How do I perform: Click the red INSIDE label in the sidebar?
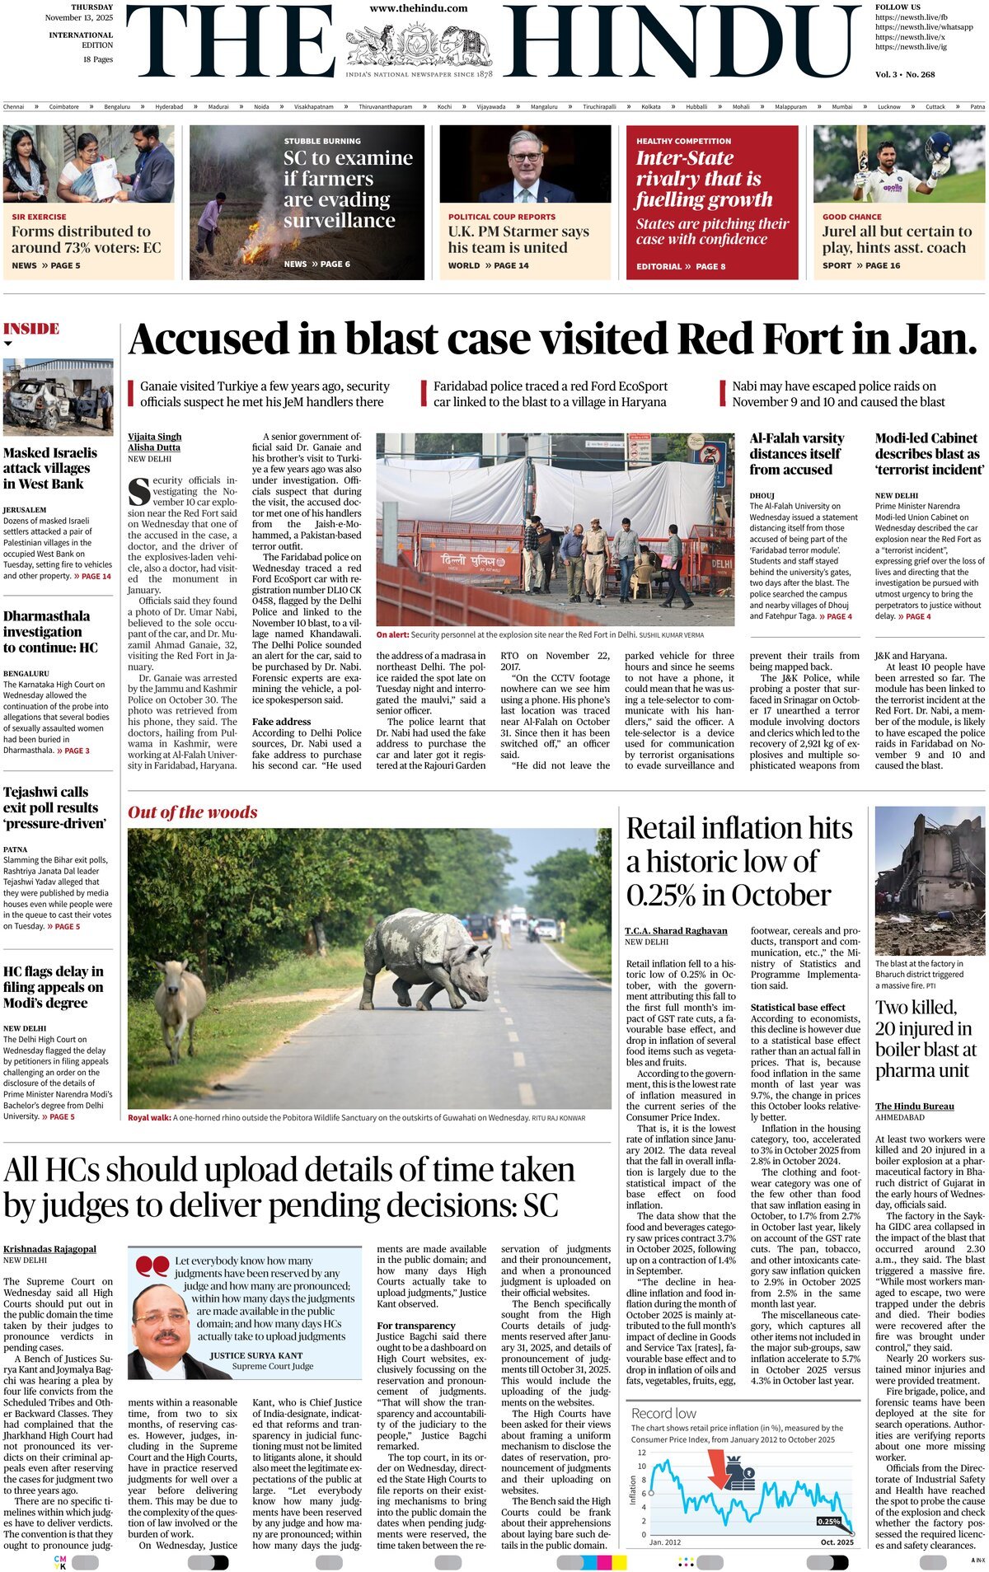pos(31,329)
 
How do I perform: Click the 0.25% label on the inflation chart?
pos(827,1521)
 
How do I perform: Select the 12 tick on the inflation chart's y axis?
pos(642,1453)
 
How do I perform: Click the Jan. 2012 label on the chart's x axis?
pos(665,1542)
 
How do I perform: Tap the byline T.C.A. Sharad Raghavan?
pos(676,930)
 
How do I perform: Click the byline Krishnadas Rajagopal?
pos(49,1249)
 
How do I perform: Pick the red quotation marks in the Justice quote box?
pos(152,1266)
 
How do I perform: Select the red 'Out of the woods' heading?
pos(192,812)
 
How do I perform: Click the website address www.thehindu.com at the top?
pos(419,8)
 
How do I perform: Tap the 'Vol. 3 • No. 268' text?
pos(905,74)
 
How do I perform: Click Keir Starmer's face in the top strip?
pos(525,157)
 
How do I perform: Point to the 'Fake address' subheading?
pos(282,721)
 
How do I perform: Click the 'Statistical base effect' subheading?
pos(798,1007)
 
